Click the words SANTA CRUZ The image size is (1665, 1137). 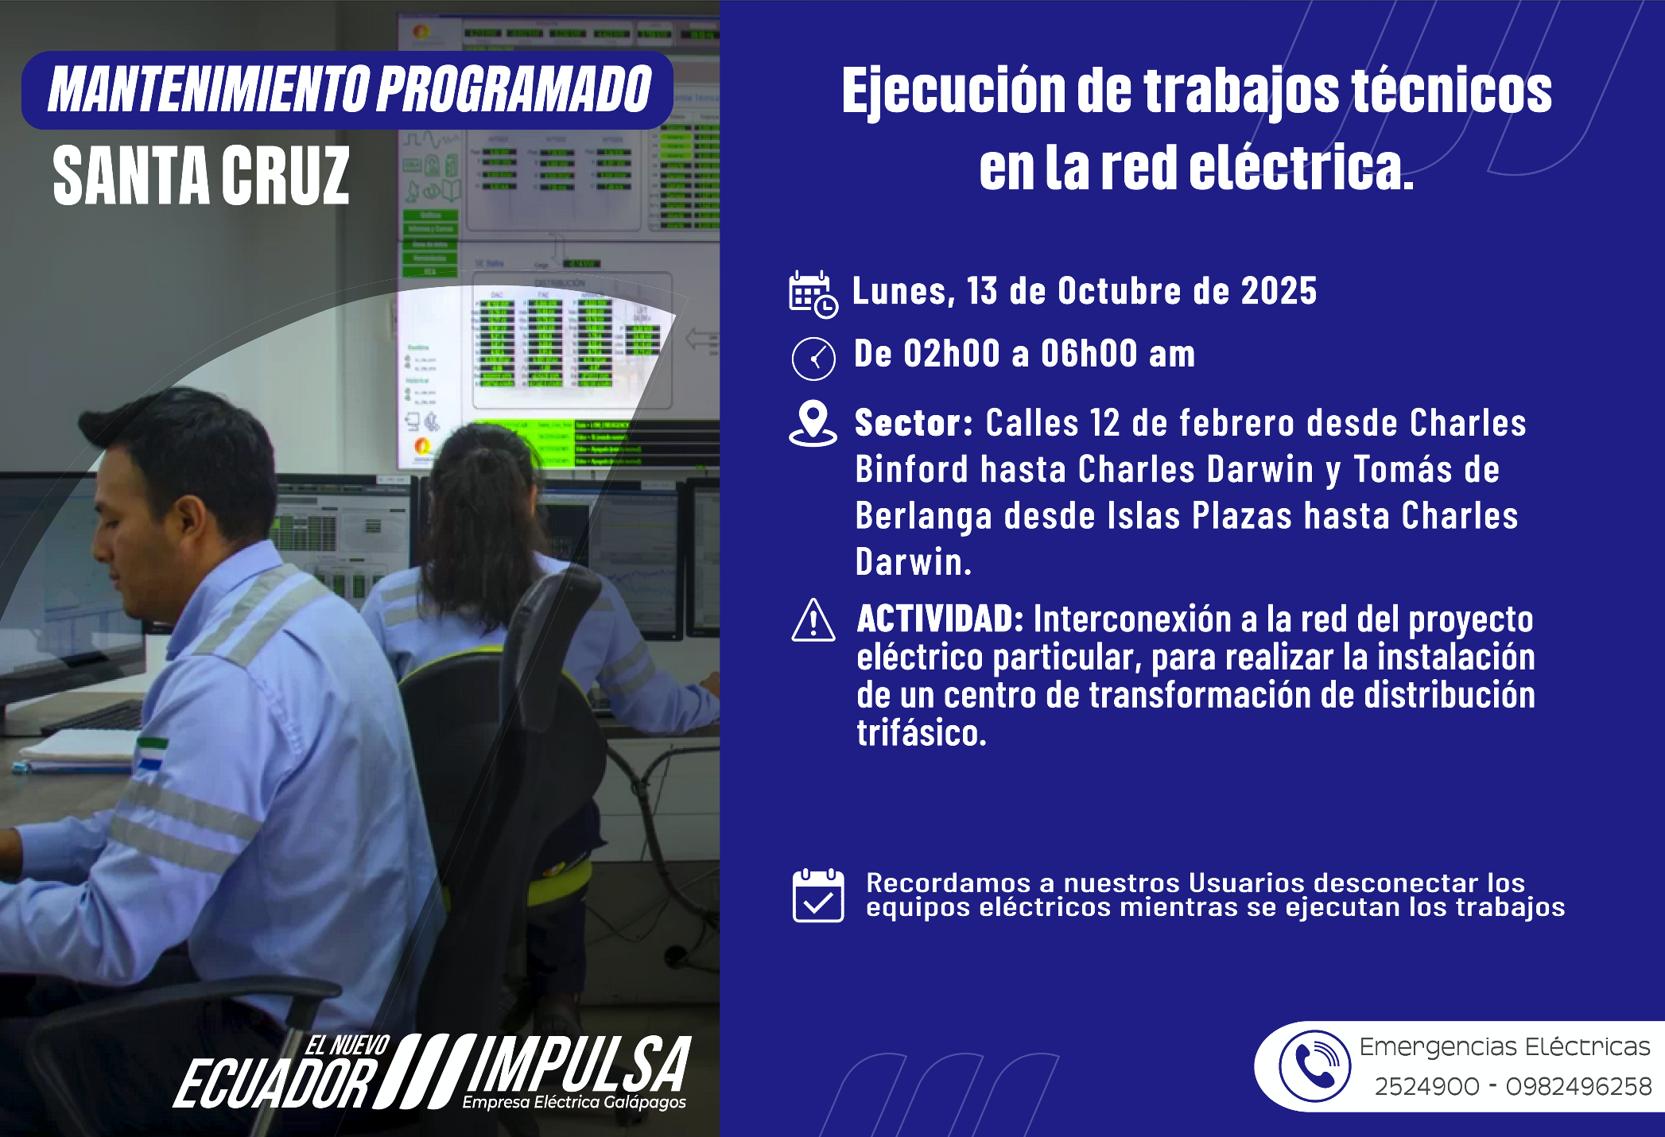201,176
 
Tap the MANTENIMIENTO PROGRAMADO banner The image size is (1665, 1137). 347,90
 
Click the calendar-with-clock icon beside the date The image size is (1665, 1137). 813,294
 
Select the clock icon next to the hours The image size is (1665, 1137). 813,359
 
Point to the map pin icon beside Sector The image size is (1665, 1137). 813,423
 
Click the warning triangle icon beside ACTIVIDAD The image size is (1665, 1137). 813,620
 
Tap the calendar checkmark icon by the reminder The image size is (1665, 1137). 818,895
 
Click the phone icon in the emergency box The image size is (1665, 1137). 1314,1065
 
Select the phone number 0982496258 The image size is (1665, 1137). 1579,1086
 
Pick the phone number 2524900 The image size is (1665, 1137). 1427,1086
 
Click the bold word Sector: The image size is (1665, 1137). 914,423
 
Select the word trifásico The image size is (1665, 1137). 922,733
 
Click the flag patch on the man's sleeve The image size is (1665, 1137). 150,754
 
